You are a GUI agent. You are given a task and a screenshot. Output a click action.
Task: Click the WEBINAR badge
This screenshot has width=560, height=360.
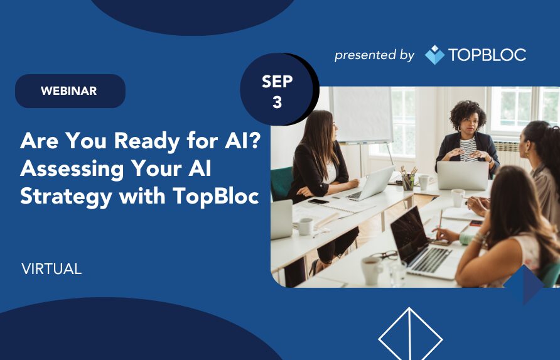(70, 91)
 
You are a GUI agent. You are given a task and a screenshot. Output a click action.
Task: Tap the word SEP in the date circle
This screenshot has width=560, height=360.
(277, 82)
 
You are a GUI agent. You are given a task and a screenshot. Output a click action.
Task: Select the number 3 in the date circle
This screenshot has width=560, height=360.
(277, 102)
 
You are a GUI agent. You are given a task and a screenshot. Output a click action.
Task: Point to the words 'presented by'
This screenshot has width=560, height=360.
(374, 55)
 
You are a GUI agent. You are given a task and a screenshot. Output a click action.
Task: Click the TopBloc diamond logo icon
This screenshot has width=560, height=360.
(434, 55)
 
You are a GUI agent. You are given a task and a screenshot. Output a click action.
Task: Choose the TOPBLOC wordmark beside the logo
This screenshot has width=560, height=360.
(487, 55)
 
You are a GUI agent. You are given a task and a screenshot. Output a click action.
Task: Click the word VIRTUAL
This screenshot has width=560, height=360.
(51, 269)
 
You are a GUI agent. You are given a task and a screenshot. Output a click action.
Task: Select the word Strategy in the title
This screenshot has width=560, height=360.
(66, 197)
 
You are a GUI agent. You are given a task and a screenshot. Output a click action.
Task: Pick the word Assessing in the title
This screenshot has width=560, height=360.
(71, 169)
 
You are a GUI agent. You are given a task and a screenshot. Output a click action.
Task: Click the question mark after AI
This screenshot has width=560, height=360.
(253, 140)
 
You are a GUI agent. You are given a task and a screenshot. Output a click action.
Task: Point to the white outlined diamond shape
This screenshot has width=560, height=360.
(411, 334)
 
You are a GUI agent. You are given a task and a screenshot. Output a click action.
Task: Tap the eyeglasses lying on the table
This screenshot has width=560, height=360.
(384, 256)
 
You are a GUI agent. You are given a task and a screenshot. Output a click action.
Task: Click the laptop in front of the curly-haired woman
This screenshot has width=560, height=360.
(463, 175)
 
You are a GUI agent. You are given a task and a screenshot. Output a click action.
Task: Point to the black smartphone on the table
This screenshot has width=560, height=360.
(318, 201)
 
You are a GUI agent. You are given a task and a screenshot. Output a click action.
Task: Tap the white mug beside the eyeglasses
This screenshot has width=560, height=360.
(370, 271)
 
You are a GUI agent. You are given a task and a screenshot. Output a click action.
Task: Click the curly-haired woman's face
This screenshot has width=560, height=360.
(468, 125)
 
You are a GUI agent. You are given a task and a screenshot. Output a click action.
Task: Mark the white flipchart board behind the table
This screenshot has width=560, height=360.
(361, 115)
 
